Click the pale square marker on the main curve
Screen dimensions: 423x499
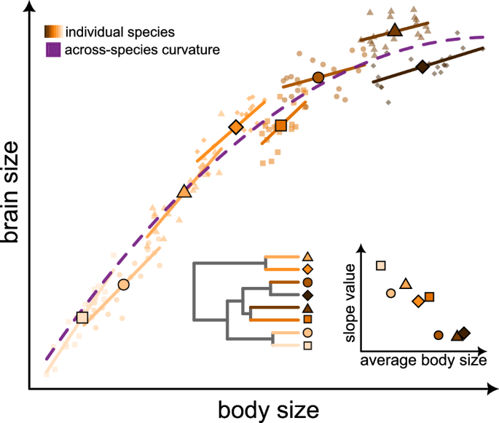(82, 317)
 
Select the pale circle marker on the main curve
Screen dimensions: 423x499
(123, 284)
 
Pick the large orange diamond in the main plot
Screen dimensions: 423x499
(235, 127)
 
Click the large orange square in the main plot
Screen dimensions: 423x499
(281, 125)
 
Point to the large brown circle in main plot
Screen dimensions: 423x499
(318, 77)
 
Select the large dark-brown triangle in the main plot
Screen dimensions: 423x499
(394, 30)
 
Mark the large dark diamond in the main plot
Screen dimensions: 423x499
(422, 67)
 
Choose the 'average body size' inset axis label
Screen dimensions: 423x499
(423, 359)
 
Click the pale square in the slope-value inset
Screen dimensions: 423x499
(380, 266)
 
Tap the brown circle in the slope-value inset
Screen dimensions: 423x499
(439, 335)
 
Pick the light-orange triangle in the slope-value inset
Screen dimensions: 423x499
(406, 283)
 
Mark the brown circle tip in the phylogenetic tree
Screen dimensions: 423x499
(307, 282)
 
